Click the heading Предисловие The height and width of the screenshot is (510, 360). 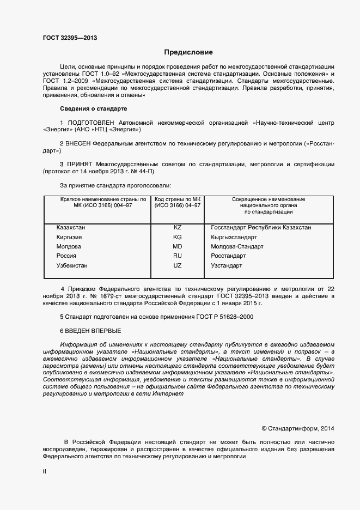point(188,52)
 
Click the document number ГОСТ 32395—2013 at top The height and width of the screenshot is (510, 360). point(70,38)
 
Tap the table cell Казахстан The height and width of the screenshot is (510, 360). point(71,227)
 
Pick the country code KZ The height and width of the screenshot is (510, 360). point(177,227)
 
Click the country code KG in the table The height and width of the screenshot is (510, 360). point(177,237)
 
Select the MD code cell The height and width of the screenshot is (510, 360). point(177,246)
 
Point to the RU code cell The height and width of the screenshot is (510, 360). point(177,256)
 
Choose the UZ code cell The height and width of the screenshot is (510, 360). point(177,265)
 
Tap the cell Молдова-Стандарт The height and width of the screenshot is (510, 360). point(237,246)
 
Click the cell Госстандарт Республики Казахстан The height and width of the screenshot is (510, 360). point(261,227)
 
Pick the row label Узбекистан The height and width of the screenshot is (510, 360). point(72,265)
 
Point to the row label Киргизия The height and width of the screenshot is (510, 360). point(69,237)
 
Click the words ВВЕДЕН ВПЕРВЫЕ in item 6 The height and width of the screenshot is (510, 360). point(93,331)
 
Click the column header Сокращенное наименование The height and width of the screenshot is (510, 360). point(269,199)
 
